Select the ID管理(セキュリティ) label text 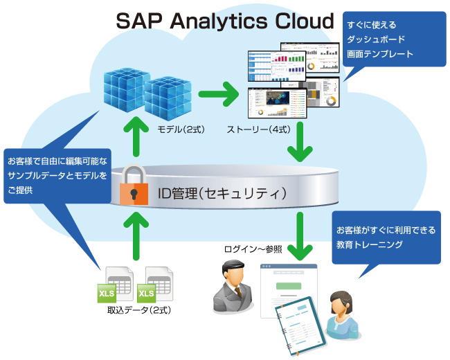(x=222, y=190)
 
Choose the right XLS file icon (x=154, y=285)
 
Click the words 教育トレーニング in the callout (x=370, y=244)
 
